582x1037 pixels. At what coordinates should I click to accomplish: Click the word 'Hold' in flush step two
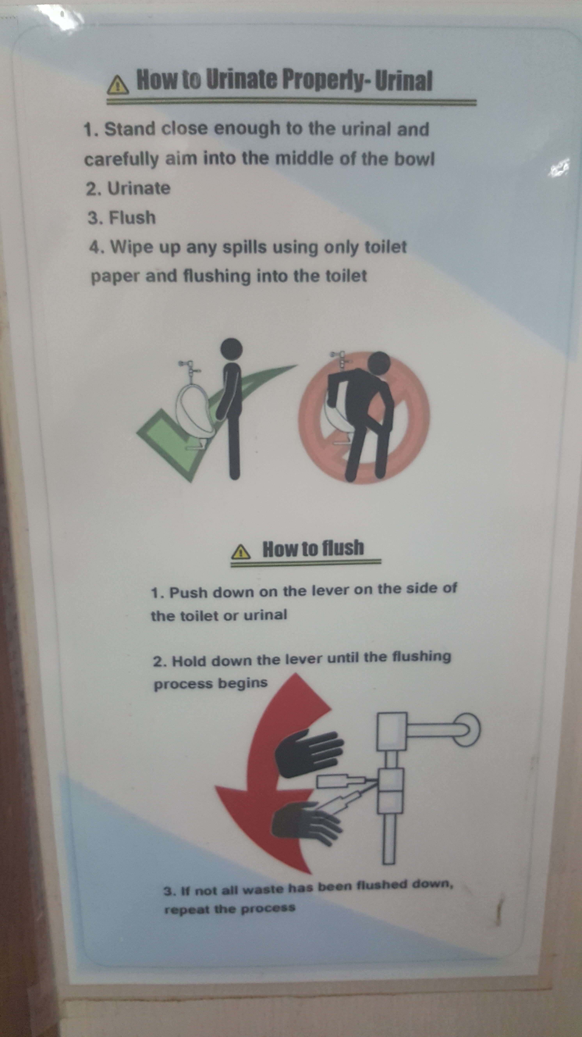point(189,661)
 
